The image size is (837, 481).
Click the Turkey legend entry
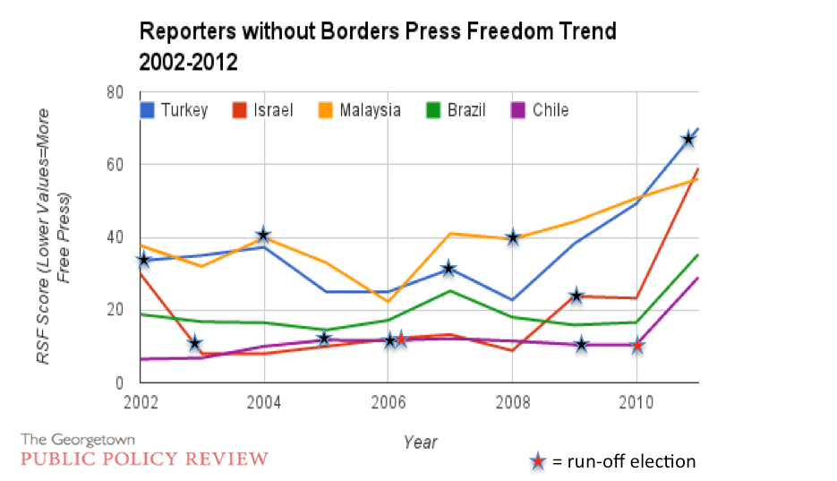[x=175, y=110]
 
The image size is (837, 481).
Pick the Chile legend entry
[x=540, y=110]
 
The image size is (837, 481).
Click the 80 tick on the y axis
[x=114, y=92]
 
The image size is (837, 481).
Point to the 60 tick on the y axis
[x=114, y=165]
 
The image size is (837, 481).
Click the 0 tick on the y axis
[x=118, y=382]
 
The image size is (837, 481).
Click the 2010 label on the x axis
[x=636, y=400]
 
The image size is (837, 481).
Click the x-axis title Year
[x=420, y=442]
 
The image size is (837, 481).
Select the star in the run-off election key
[x=537, y=462]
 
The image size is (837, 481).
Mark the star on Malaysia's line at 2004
[x=263, y=236]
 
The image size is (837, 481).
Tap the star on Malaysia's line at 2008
[x=512, y=237]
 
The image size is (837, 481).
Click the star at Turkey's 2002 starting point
[x=142, y=260]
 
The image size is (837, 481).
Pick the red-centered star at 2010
[x=636, y=345]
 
